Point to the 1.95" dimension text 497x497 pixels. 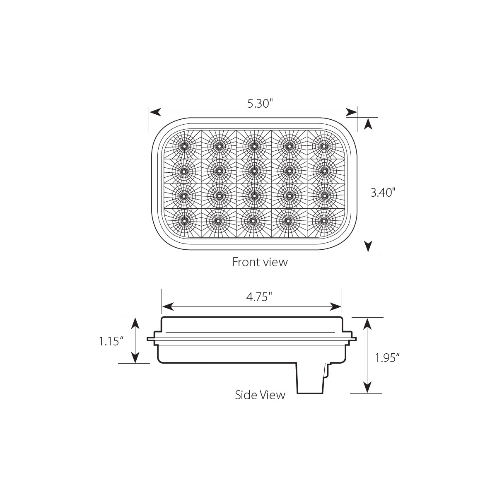pyautogui.click(x=387, y=357)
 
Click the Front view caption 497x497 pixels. pyautogui.click(x=260, y=262)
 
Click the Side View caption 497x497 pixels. pyautogui.click(x=260, y=395)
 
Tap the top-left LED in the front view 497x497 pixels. pyautogui.click(x=183, y=146)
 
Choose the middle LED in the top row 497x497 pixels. pyautogui.click(x=253, y=146)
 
